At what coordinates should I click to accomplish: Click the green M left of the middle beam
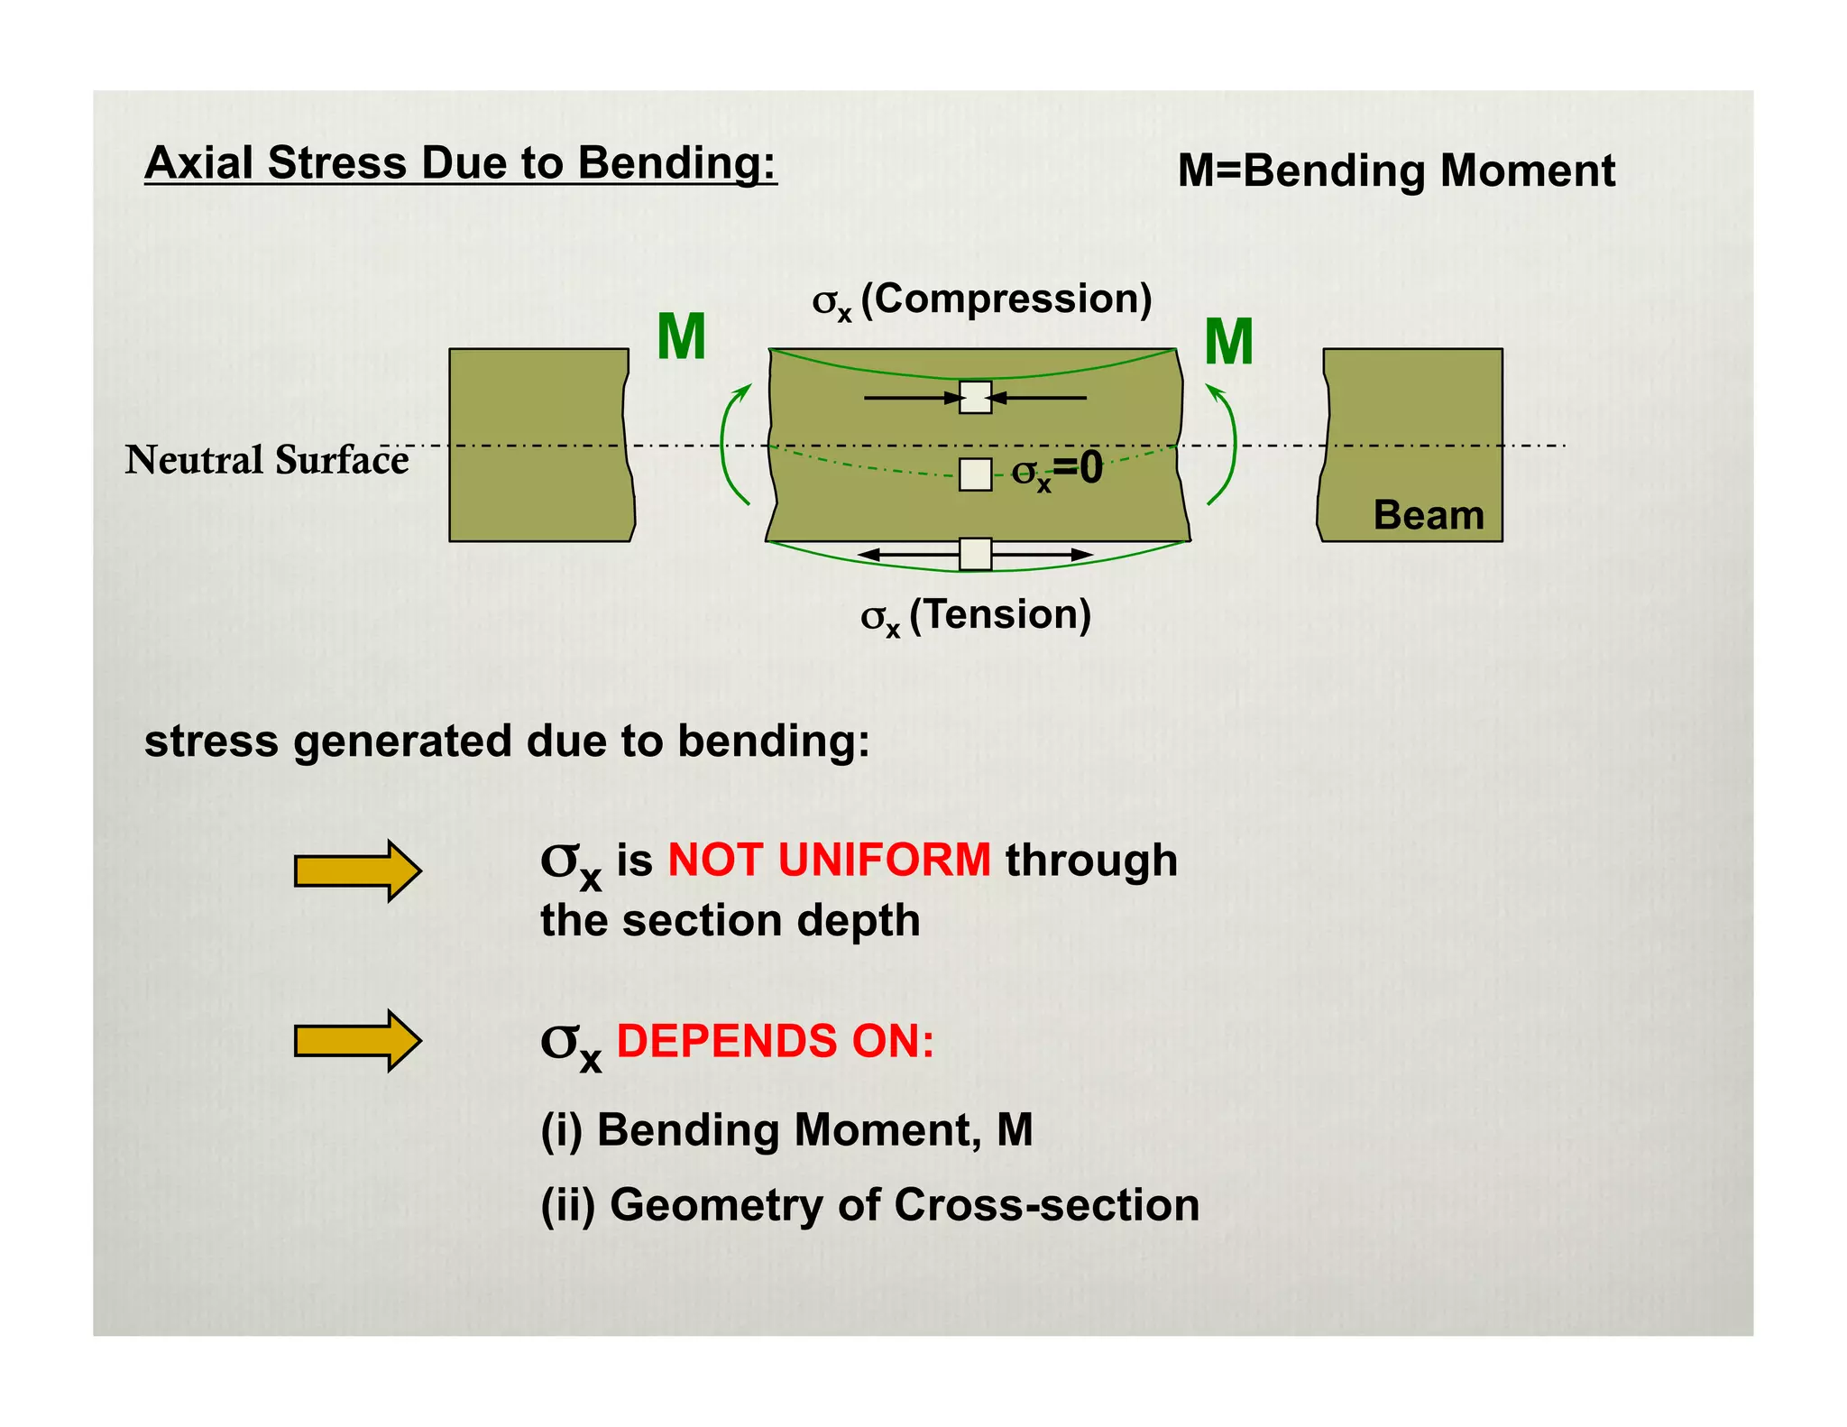click(x=681, y=337)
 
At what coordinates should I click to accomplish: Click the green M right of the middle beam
click(x=1228, y=343)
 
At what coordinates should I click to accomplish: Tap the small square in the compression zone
click(x=975, y=397)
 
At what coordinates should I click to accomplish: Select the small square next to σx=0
click(x=975, y=474)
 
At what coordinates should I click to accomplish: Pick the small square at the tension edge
click(x=975, y=554)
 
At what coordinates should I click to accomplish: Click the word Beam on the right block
click(x=1429, y=516)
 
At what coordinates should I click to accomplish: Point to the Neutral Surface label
click(x=267, y=460)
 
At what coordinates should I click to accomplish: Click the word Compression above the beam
click(x=1006, y=299)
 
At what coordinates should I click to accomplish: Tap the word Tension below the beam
click(x=1000, y=614)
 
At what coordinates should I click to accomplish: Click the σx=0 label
click(x=1057, y=470)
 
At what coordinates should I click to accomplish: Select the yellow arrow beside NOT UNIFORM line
click(x=358, y=870)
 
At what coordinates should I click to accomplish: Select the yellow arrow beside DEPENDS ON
click(x=358, y=1041)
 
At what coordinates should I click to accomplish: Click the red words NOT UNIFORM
click(x=829, y=860)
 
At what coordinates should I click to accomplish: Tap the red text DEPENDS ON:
click(x=776, y=1041)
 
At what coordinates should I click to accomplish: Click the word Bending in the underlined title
click(x=675, y=163)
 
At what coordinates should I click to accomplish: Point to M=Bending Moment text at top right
click(x=1396, y=170)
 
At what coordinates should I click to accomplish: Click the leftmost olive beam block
click(x=539, y=445)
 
